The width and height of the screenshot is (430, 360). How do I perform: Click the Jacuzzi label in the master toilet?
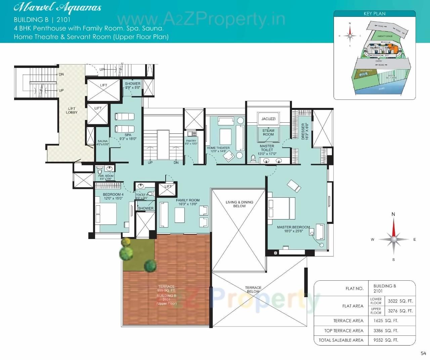point(268,119)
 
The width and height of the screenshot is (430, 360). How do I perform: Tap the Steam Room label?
point(268,132)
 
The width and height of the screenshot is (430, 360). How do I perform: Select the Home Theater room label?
point(218,148)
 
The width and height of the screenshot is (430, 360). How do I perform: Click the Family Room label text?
point(188,200)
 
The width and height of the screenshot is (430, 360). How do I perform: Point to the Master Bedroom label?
point(293,227)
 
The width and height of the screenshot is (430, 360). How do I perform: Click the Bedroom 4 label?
point(113,195)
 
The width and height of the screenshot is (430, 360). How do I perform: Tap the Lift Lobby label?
point(72,111)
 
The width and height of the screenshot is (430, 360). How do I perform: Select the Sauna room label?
point(102,141)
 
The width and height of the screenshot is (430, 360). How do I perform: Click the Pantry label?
point(191,141)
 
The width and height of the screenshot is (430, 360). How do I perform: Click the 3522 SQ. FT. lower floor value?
point(400,301)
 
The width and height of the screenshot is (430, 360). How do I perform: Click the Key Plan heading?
point(374,14)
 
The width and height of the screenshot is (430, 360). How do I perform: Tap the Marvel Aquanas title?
point(57,8)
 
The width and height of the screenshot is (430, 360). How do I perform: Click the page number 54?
point(423,353)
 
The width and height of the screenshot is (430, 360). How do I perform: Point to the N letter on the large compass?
point(393,214)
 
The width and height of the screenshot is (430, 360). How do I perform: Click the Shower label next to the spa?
point(133,84)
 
